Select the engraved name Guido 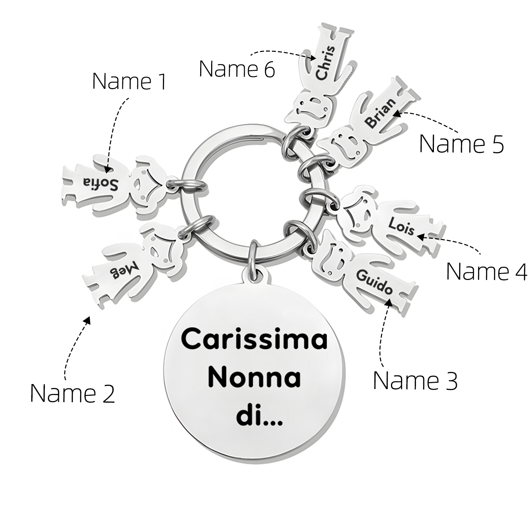click(374, 282)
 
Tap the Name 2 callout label click(72, 393)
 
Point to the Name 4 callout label click(486, 271)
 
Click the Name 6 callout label click(237, 69)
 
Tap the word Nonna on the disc click(254, 378)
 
